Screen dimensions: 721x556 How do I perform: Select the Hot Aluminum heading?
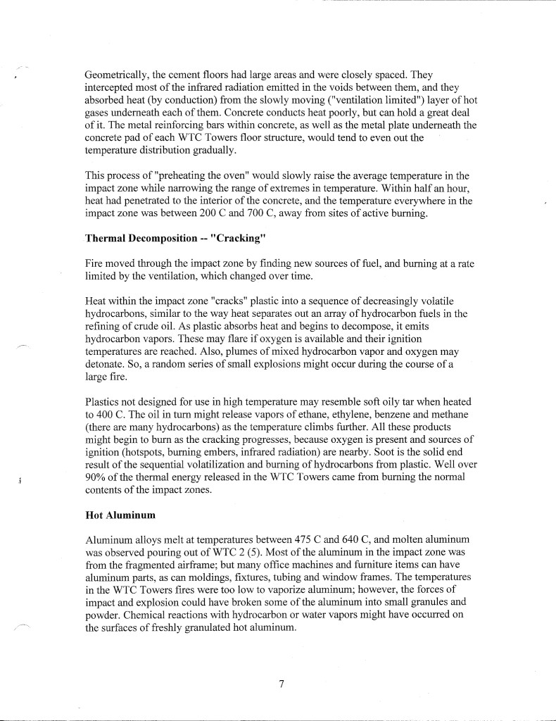(120, 515)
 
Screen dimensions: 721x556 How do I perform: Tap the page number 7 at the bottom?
(280, 682)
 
